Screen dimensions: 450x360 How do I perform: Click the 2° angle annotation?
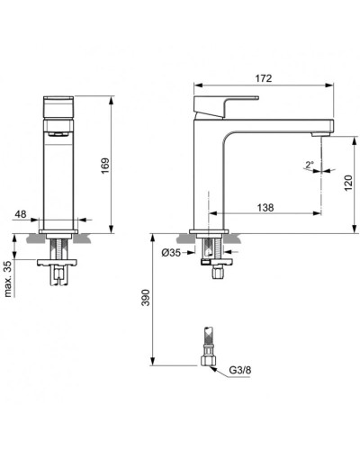point(308,164)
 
